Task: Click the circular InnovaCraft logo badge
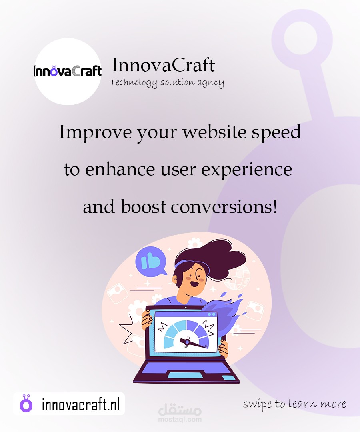[68, 71]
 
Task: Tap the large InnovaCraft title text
[163, 65]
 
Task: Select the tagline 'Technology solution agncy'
[167, 83]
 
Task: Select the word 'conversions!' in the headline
[224, 207]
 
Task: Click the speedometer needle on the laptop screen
[194, 344]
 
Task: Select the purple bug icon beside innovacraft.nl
[26, 404]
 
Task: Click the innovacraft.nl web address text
[81, 404]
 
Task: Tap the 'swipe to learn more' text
[294, 404]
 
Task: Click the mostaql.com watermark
[180, 412]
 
